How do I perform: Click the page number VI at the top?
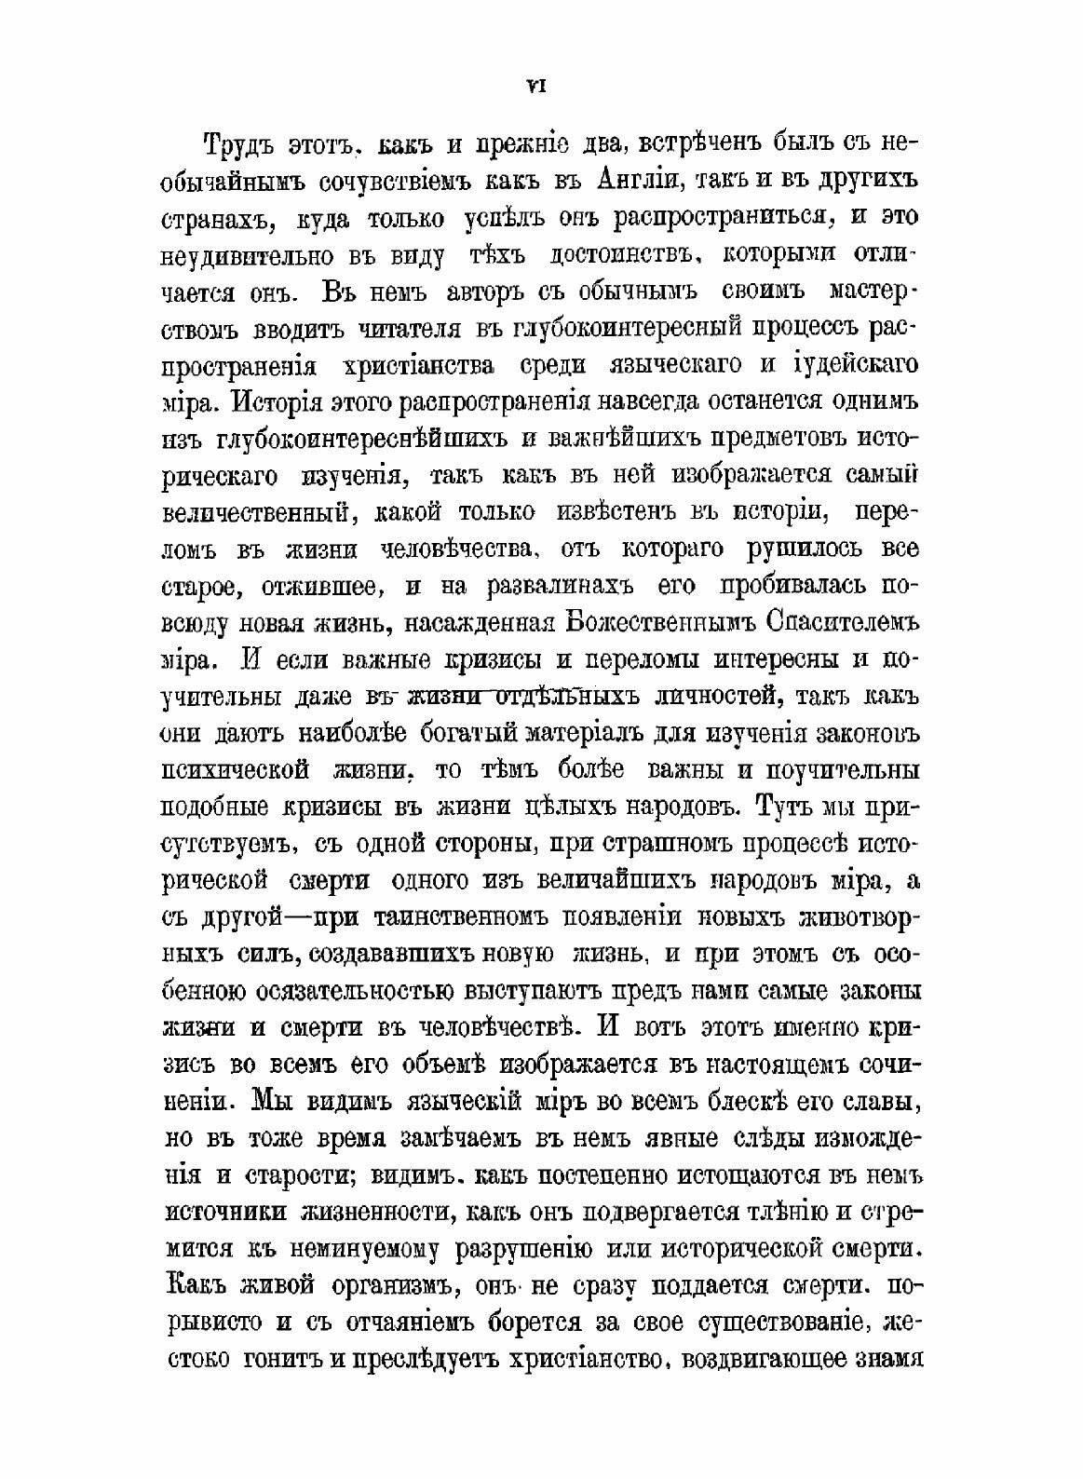(x=536, y=86)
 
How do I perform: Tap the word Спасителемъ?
(x=844, y=620)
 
